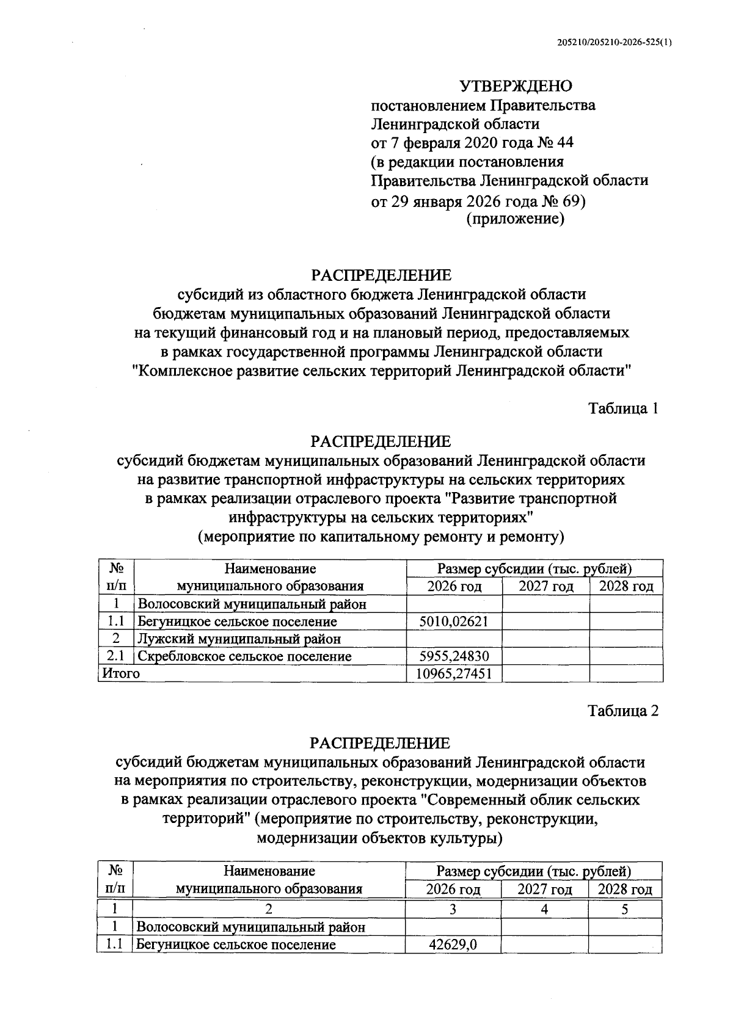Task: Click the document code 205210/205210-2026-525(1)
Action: pos(614,43)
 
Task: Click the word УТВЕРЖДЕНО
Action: pos(516,86)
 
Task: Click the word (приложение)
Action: pos(515,219)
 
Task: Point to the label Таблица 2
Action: pos(623,710)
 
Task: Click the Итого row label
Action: pos(120,673)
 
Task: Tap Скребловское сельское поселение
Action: pos(244,656)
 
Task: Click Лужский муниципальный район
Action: pos(239,639)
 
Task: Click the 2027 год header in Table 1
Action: pos(545,587)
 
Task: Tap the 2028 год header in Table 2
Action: pos(625,890)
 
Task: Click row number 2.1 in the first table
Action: pos(116,656)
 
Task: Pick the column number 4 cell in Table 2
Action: pos(544,909)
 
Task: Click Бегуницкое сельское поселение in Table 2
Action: pos(236,944)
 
